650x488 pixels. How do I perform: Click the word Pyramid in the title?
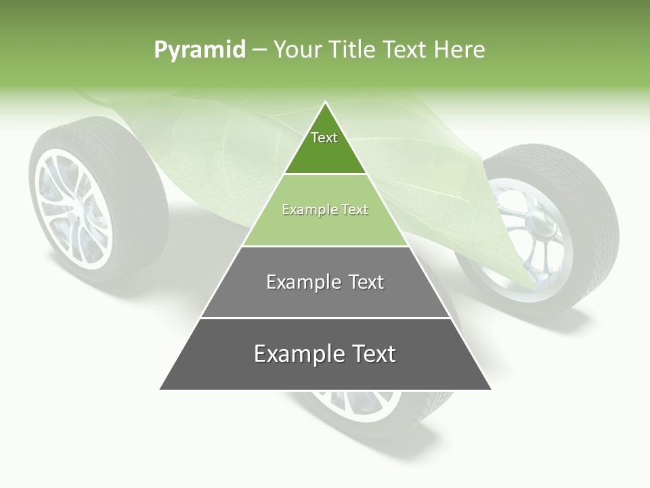199,50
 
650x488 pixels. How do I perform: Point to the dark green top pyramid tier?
325,152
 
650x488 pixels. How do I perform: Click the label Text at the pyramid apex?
324,138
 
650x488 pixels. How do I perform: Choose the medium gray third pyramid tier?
325,298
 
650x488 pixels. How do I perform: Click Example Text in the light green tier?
325,210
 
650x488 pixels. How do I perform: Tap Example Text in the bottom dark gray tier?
325,354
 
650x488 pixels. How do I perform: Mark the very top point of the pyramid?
326,102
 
